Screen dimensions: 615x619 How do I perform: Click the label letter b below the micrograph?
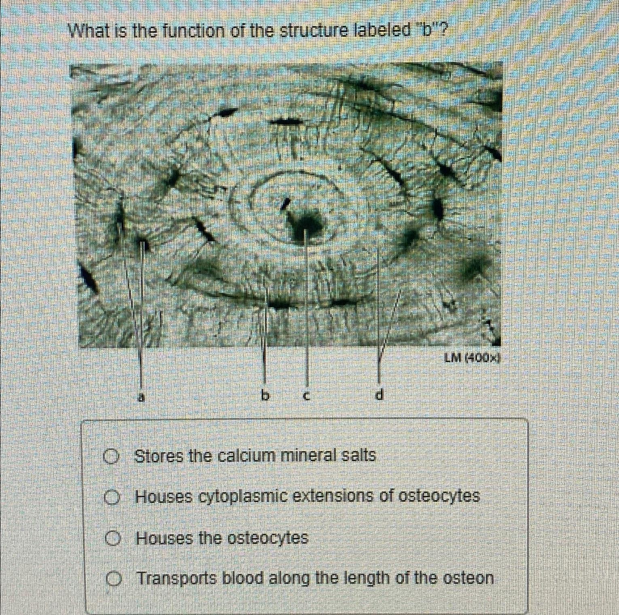tap(265, 395)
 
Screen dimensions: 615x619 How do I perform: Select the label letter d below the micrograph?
tap(379, 394)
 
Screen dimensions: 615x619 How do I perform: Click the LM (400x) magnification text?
tap(472, 358)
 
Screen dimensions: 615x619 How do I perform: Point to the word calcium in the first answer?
tap(246, 456)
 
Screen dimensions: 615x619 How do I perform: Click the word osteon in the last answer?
tap(468, 578)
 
